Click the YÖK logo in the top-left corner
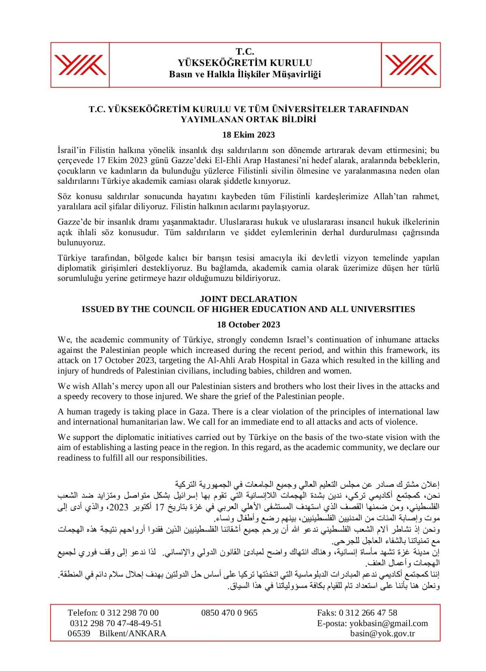click(80, 65)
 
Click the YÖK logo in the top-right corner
click(411, 65)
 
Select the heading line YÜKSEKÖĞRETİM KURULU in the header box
click(245, 63)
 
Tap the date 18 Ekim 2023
click(249, 135)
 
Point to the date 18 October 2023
click(248, 325)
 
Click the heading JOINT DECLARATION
click(248, 299)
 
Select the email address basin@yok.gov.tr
click(382, 634)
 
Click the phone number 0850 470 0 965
click(229, 613)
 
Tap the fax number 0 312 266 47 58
click(368, 613)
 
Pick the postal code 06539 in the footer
click(79, 634)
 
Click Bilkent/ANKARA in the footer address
click(132, 634)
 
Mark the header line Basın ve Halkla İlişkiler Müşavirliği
click(245, 74)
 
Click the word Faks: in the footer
click(327, 613)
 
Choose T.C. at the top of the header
click(245, 52)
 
